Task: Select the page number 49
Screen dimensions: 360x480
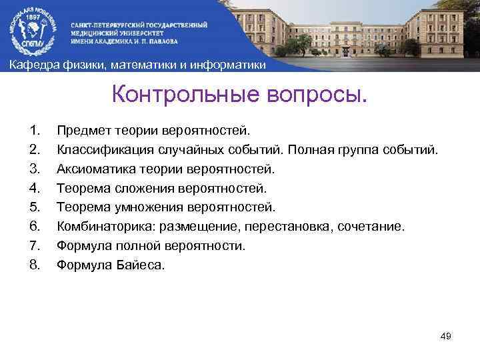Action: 446,336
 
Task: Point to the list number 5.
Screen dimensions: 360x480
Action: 35,207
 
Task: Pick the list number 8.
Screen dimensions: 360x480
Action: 35,265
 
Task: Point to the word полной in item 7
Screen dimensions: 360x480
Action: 131,245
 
